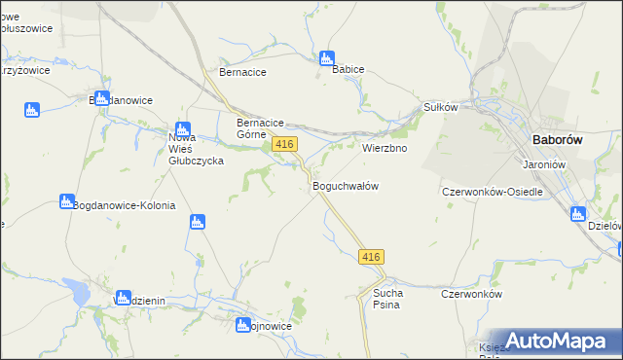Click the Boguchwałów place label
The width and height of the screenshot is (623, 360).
[x=345, y=186]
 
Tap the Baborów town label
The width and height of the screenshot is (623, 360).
[x=558, y=140]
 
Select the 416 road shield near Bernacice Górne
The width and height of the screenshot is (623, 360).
[x=284, y=144]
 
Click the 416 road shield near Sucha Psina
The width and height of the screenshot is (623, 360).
[x=372, y=256]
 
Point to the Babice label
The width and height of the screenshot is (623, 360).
[x=348, y=71]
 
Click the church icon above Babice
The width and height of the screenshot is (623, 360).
[x=327, y=57]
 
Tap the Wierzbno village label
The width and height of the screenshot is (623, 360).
[x=385, y=149]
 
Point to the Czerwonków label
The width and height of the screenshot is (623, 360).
[x=470, y=294]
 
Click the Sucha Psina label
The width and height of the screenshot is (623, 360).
[x=381, y=299]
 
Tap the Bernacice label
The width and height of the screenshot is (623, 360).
[x=243, y=72]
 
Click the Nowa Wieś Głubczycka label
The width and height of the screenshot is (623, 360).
[x=197, y=150]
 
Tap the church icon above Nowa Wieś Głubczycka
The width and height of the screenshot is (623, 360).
[x=182, y=128]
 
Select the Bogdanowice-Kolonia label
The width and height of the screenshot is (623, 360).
[x=124, y=206]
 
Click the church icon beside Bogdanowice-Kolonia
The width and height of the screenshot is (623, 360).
[x=66, y=201]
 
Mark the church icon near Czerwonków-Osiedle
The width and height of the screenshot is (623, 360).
[x=578, y=214]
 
